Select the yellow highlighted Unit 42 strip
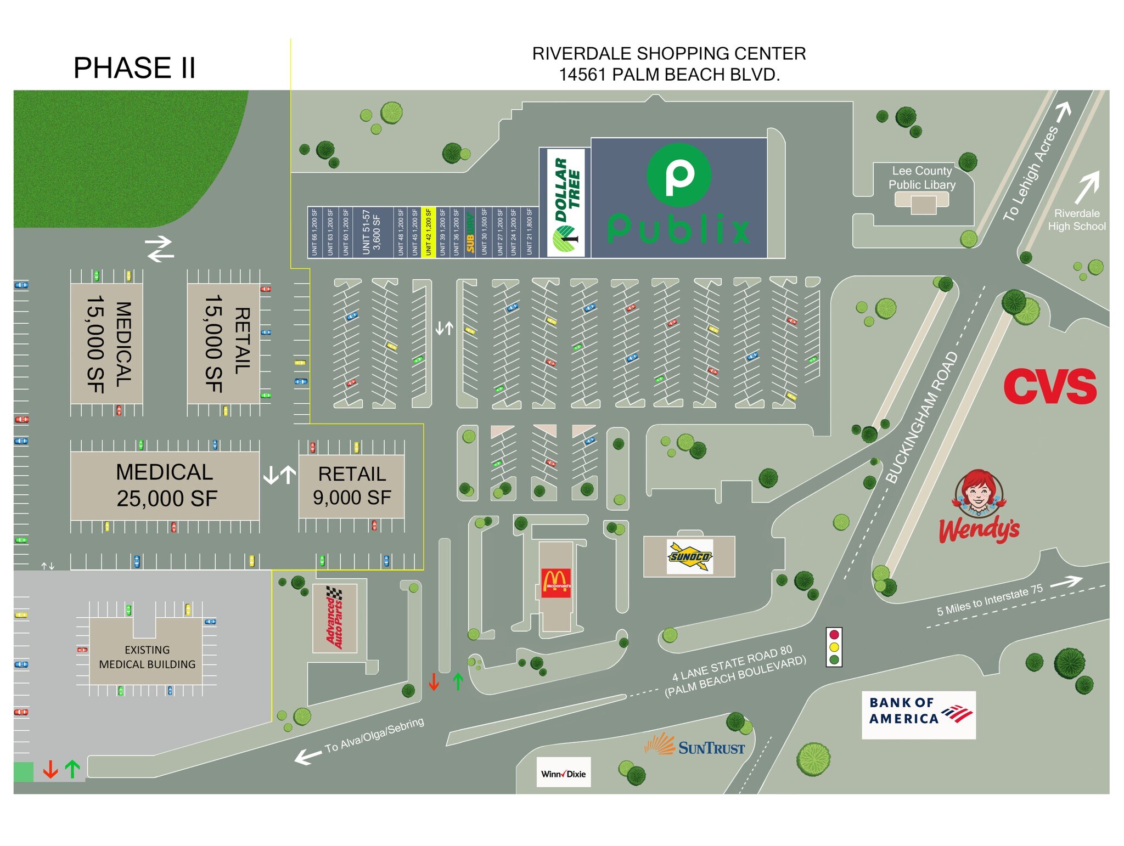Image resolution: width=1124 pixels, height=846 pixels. (428, 232)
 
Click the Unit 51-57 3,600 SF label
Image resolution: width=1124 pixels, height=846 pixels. (372, 232)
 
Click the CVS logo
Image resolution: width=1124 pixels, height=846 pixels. (1049, 386)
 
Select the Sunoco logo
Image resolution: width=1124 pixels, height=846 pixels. (690, 556)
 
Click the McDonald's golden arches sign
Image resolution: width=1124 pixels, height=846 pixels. (556, 583)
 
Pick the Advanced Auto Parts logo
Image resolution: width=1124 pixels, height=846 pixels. (334, 618)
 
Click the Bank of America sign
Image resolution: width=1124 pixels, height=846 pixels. (918, 714)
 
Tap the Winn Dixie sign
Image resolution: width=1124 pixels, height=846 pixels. (563, 774)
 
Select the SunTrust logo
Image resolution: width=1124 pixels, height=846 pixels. (695, 746)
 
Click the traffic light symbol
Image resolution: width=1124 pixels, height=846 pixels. (834, 647)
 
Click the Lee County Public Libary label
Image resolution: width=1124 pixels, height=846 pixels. (921, 178)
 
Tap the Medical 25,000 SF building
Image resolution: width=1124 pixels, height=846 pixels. (165, 486)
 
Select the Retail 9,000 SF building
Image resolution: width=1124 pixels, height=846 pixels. (352, 486)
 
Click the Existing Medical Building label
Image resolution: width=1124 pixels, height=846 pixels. (147, 657)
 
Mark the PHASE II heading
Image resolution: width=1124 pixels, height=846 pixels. (134, 68)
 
